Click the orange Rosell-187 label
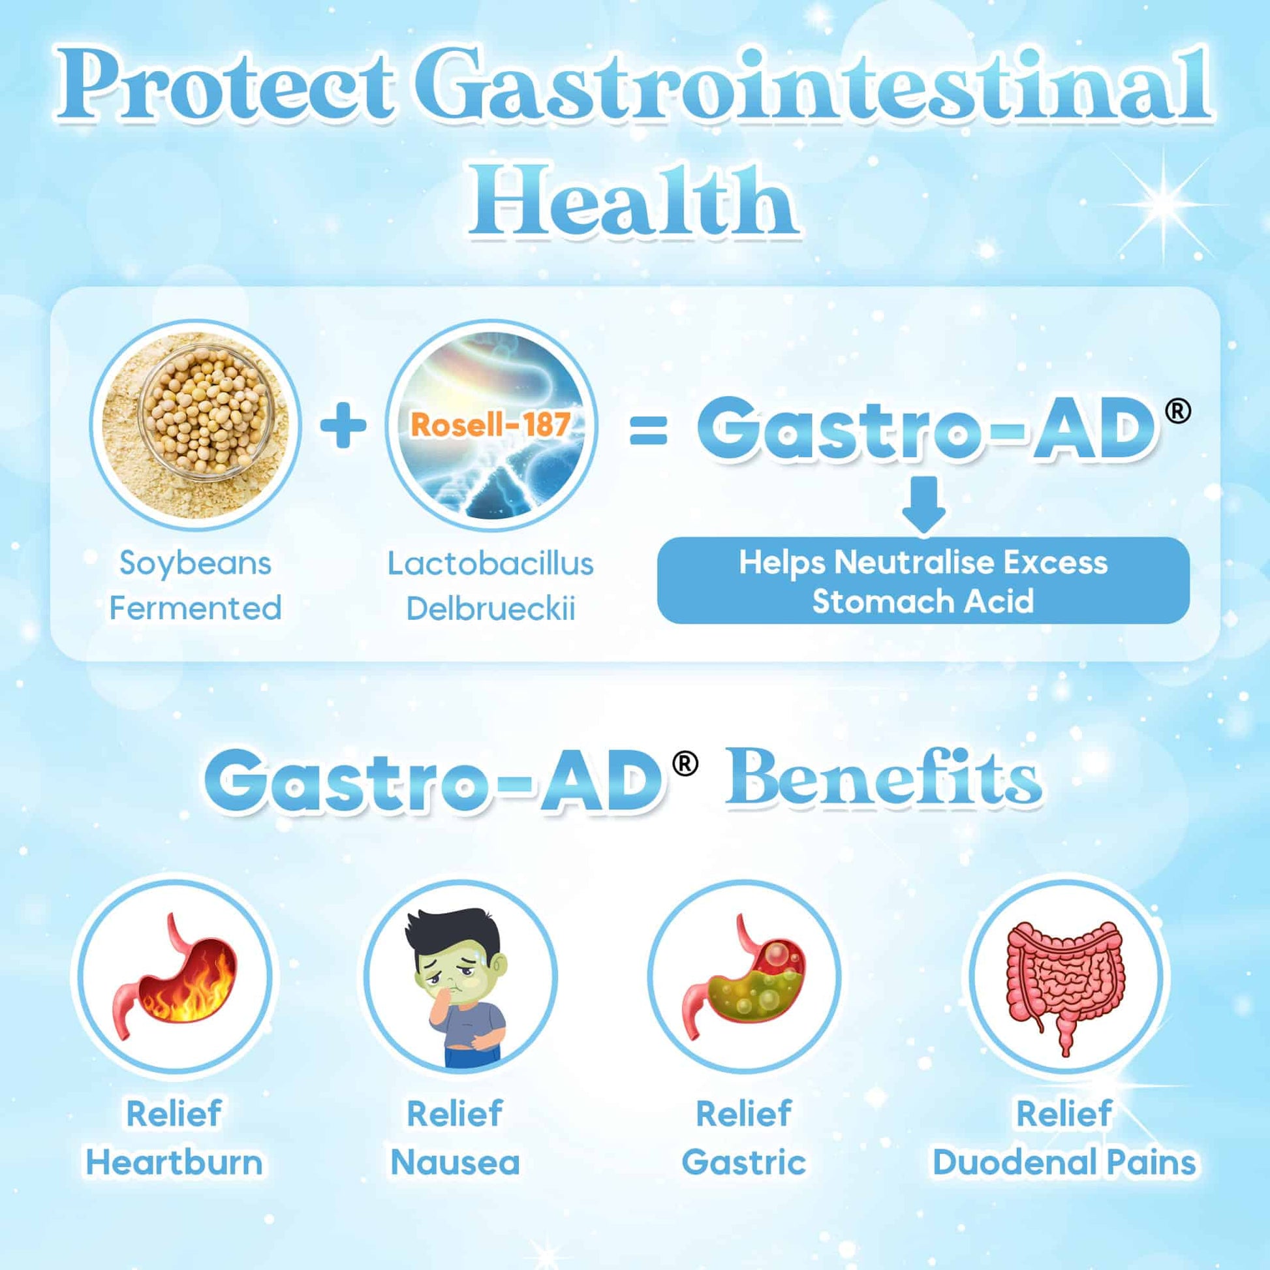(490, 424)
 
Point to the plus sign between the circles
(343, 426)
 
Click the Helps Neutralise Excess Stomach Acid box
(923, 580)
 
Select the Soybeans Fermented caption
(195, 585)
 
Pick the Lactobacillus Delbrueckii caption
(490, 585)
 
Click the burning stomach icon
(175, 976)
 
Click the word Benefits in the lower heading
(884, 782)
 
